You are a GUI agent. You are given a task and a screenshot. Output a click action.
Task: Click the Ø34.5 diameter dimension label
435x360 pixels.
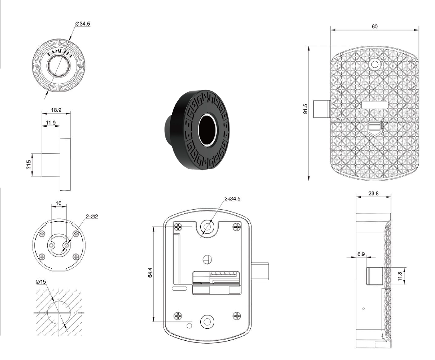83,24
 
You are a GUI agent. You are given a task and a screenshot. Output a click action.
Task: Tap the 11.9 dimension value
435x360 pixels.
50,122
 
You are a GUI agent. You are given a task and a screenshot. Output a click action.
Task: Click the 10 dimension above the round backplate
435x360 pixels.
58,203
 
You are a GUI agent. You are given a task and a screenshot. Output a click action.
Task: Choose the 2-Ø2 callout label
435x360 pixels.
92,216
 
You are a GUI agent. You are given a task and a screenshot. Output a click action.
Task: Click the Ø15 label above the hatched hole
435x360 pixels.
41,282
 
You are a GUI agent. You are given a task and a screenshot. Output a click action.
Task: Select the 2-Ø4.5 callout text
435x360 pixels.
232,198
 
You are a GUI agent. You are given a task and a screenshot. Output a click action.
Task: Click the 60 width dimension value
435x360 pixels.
375,26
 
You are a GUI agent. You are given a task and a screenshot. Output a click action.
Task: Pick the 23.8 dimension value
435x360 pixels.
373,193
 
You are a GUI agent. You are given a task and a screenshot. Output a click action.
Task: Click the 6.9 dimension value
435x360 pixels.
361,254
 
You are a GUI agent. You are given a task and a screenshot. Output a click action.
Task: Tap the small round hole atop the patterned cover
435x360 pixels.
375,64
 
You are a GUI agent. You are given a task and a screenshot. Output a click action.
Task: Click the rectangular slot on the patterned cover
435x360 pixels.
375,105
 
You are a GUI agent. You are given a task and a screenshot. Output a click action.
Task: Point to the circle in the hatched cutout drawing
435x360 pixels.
58,311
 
